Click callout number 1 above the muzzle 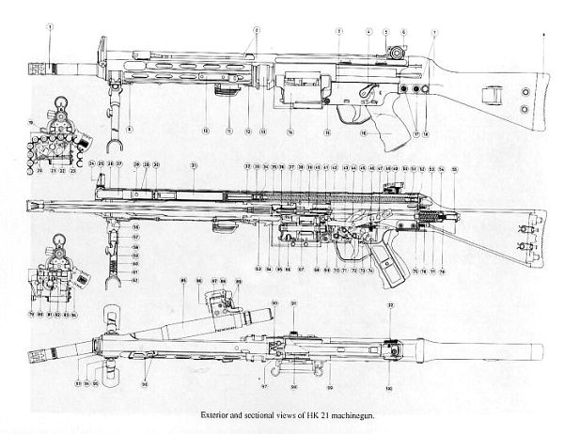[x=48, y=27]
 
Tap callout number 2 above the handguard [x=256, y=30]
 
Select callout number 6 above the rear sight [x=403, y=32]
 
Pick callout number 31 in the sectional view [x=194, y=165]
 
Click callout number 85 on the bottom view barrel [x=173, y=282]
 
